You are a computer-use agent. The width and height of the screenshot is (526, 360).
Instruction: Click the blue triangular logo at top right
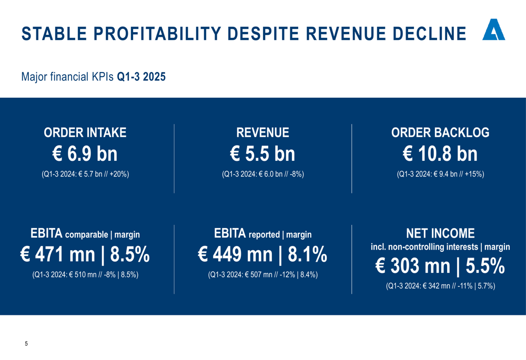pos(493,31)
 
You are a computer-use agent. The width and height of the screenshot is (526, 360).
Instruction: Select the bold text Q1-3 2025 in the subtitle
pos(141,77)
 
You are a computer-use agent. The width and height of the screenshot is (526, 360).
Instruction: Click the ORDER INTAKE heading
pos(85,133)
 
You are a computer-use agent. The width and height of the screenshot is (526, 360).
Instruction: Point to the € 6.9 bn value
pos(85,154)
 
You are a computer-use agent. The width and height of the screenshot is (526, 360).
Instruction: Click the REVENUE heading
pos(262,133)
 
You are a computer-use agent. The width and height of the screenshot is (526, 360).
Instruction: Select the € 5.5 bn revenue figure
pos(262,154)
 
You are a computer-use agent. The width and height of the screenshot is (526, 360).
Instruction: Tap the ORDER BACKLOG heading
pos(440,133)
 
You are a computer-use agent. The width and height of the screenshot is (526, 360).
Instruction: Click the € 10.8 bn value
pos(440,154)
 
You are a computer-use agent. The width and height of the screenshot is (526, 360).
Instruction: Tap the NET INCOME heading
pos(440,233)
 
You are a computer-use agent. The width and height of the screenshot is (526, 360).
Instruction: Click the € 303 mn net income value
pos(413,266)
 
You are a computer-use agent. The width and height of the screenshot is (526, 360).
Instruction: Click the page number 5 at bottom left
pos(26,344)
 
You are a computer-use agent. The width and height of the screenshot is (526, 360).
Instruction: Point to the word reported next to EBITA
pos(264,235)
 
